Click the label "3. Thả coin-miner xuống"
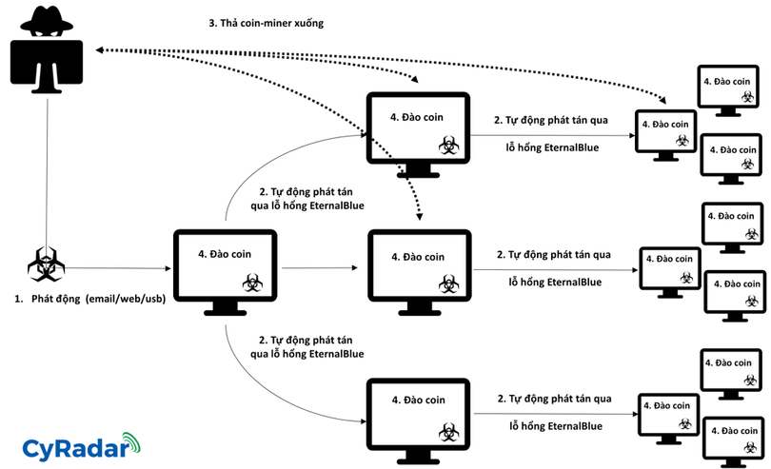267,23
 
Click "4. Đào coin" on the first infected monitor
224,253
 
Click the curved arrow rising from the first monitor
267,157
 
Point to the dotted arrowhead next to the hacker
101,50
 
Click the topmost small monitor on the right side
727,86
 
